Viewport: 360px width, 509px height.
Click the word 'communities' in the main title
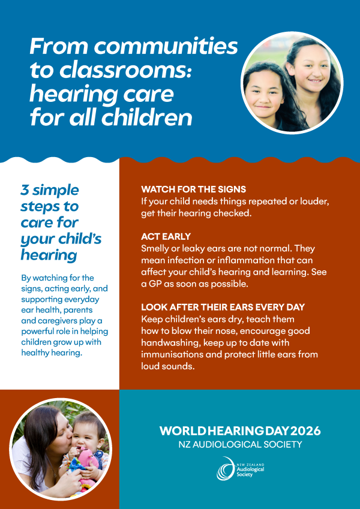click(166, 47)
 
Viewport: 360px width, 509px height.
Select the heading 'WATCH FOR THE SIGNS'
click(193, 189)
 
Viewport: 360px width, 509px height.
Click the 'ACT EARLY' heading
click(166, 236)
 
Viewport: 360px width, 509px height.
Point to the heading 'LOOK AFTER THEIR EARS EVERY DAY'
click(223, 307)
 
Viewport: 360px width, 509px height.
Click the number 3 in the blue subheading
click(25, 190)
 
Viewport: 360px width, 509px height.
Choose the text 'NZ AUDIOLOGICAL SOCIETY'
click(240, 444)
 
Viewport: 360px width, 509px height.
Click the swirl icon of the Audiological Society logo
click(225, 468)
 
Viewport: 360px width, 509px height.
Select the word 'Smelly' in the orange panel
click(153, 249)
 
